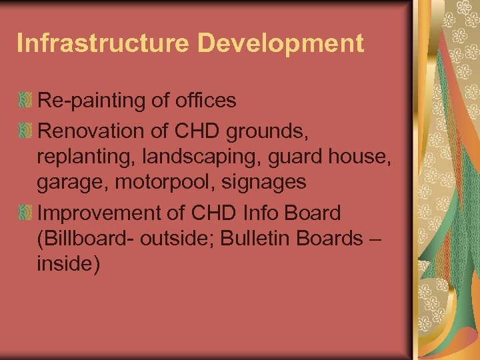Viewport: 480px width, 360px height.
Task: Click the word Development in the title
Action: click(281, 43)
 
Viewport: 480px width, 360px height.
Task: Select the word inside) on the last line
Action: click(69, 265)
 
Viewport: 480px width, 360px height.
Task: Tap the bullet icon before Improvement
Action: click(25, 213)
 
